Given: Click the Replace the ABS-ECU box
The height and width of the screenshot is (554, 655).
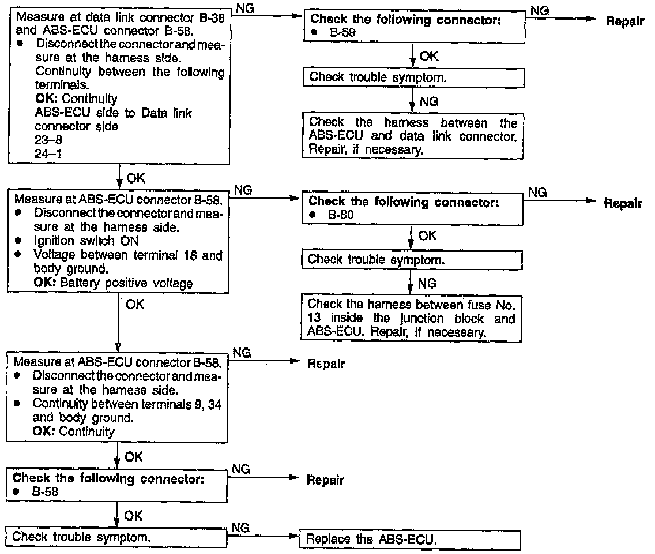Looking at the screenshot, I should (x=410, y=540).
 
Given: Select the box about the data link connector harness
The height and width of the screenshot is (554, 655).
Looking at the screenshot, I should (x=413, y=136).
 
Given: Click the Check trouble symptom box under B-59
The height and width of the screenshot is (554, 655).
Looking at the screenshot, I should (x=413, y=77).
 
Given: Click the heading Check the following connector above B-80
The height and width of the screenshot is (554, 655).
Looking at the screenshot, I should (x=403, y=202).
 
